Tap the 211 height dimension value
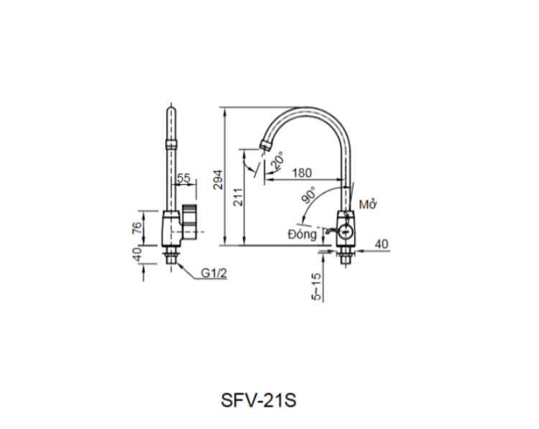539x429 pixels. click(x=238, y=197)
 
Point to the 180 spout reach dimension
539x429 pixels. click(x=303, y=173)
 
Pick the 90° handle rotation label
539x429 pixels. click(x=310, y=197)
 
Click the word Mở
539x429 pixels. click(x=368, y=205)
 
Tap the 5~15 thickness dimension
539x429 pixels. click(x=317, y=286)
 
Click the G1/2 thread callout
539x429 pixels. click(x=213, y=273)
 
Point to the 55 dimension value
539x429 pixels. click(x=183, y=178)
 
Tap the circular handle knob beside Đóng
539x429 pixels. click(x=345, y=232)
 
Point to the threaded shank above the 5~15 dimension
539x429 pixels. click(x=346, y=254)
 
